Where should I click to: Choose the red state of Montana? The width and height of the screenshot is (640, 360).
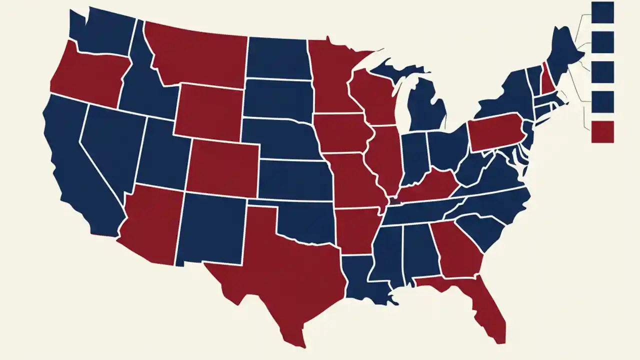click(x=200, y=55)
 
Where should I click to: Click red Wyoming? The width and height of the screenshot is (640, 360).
click(x=210, y=112)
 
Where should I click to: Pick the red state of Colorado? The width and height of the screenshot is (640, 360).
click(x=222, y=167)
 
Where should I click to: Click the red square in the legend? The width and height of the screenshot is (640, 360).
click(x=602, y=132)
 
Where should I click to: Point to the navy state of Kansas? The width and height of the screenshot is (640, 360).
click(x=295, y=180)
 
